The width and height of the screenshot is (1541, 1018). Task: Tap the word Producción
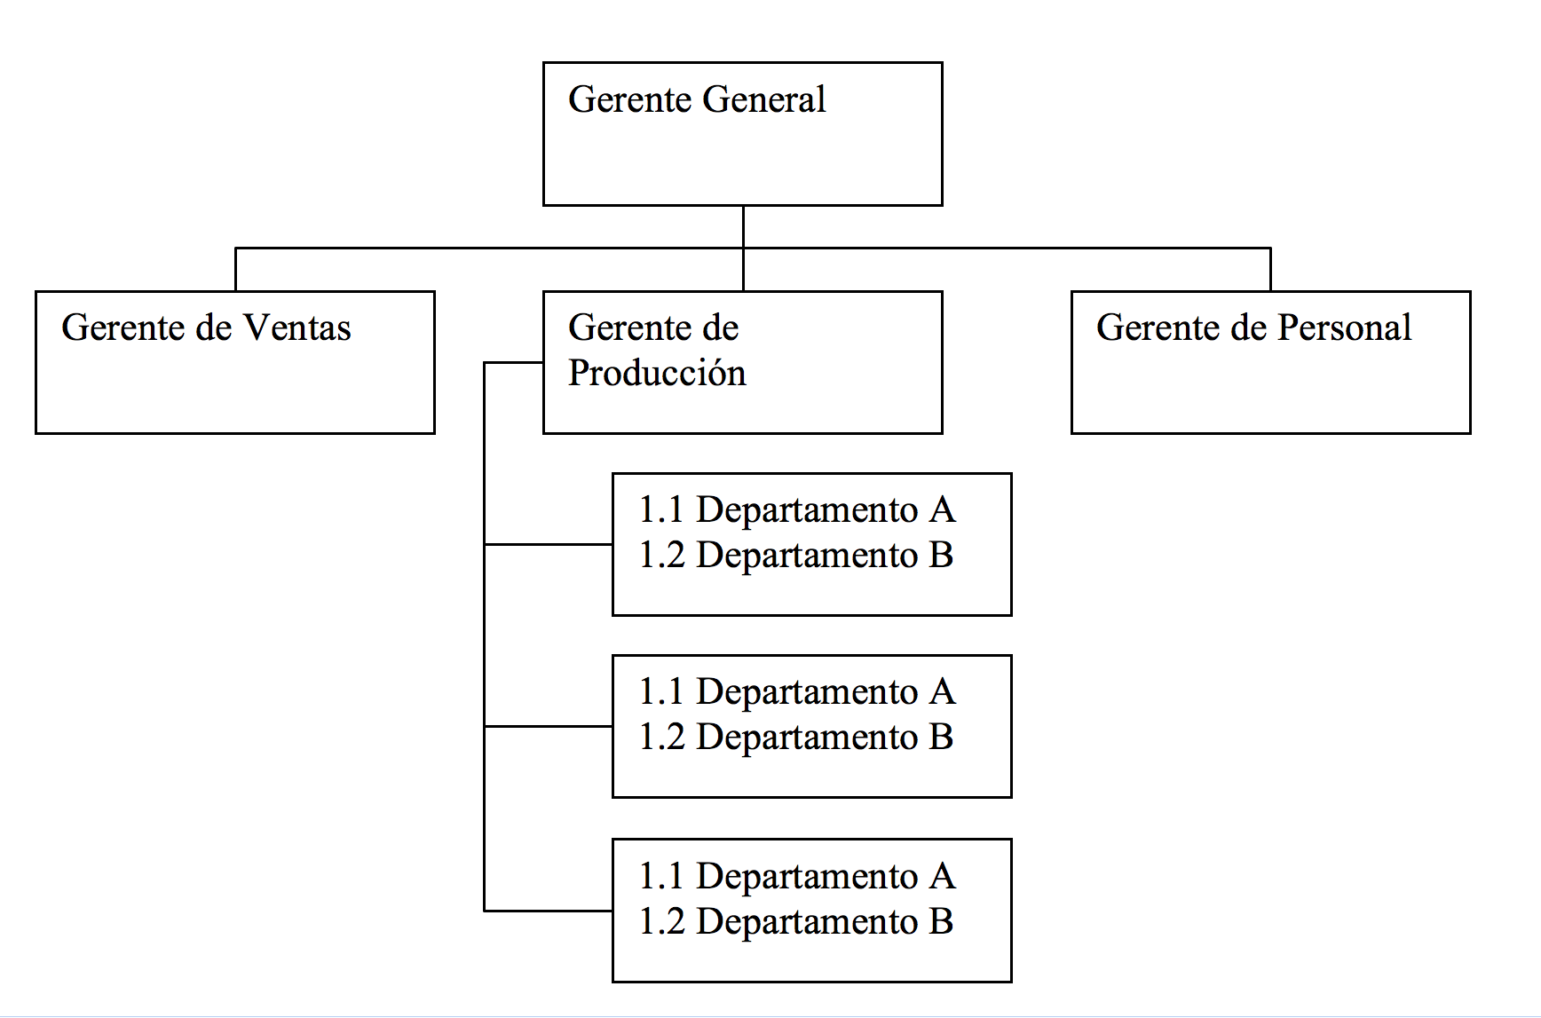click(x=657, y=374)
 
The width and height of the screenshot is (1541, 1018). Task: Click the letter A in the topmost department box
click(x=942, y=510)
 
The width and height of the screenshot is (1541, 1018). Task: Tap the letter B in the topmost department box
click(x=941, y=556)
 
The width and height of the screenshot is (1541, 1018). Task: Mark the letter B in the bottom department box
click(x=941, y=922)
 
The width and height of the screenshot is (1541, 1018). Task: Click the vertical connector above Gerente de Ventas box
click(x=235, y=269)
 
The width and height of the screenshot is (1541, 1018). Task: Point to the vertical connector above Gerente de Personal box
click(x=1270, y=269)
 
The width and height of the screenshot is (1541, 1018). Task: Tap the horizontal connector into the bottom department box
click(x=548, y=911)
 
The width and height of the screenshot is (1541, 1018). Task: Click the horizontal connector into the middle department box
click(x=548, y=726)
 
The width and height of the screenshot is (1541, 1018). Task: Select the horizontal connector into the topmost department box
click(x=548, y=544)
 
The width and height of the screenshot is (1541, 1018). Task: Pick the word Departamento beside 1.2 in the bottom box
click(x=806, y=922)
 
